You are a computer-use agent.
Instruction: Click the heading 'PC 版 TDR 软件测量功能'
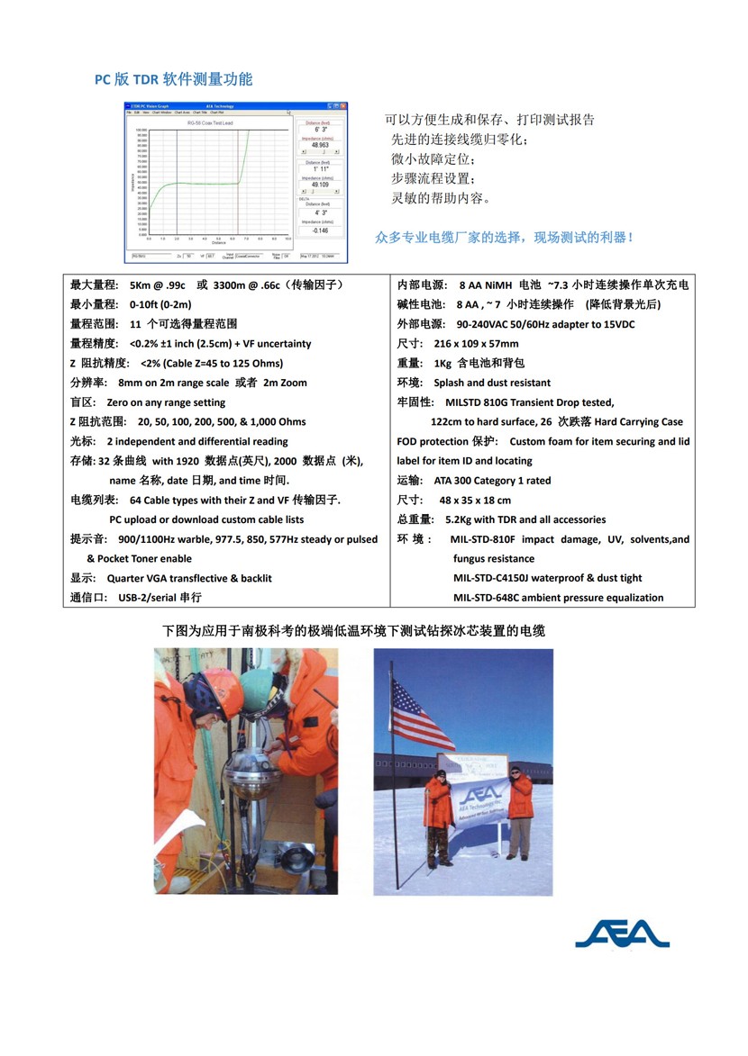(174, 79)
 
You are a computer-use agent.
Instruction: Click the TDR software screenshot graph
(235, 183)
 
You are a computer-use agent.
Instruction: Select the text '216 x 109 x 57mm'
(476, 344)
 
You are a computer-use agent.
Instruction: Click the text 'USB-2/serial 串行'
(160, 597)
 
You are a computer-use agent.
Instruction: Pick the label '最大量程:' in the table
(95, 285)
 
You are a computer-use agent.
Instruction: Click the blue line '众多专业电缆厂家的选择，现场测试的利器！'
(505, 238)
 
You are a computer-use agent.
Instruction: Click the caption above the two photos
(353, 631)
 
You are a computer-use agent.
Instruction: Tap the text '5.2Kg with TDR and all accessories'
(525, 519)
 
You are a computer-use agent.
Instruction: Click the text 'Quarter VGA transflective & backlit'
(189, 578)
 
